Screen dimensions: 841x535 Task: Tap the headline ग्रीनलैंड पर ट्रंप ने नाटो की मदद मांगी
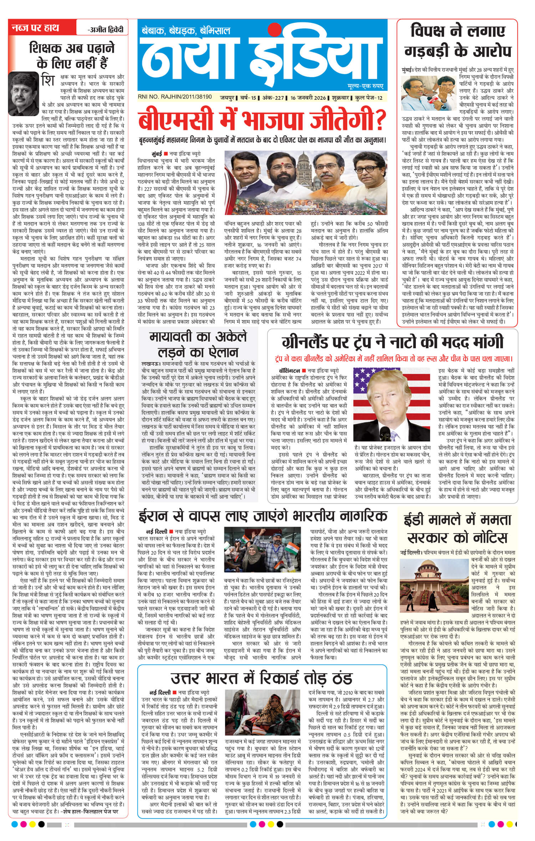coord(392,342)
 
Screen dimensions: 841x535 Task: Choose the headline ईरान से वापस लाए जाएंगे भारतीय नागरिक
coord(263,516)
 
